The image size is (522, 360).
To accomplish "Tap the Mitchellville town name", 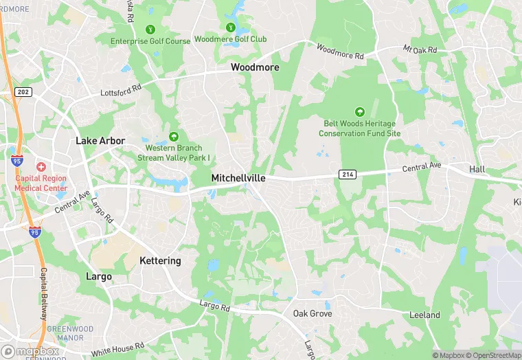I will click(238, 178).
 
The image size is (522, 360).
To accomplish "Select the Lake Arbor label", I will click(100, 141).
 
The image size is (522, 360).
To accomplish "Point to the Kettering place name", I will click(160, 261).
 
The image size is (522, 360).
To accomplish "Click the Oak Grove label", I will click(313, 313).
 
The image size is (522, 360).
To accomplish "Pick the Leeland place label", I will click(424, 315).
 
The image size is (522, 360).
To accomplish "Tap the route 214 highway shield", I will click(347, 175).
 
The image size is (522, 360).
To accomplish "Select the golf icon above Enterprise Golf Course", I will click(150, 30).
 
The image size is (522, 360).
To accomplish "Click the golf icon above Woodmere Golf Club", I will click(230, 28).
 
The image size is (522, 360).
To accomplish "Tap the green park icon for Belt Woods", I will click(359, 112).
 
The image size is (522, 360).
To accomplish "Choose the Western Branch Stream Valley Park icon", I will click(174, 137).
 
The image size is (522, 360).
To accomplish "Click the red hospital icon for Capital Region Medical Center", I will click(41, 167).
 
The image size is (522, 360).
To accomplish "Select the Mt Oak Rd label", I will click(420, 50).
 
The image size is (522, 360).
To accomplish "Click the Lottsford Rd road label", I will click(120, 89).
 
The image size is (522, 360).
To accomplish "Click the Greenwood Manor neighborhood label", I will click(70, 333).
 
